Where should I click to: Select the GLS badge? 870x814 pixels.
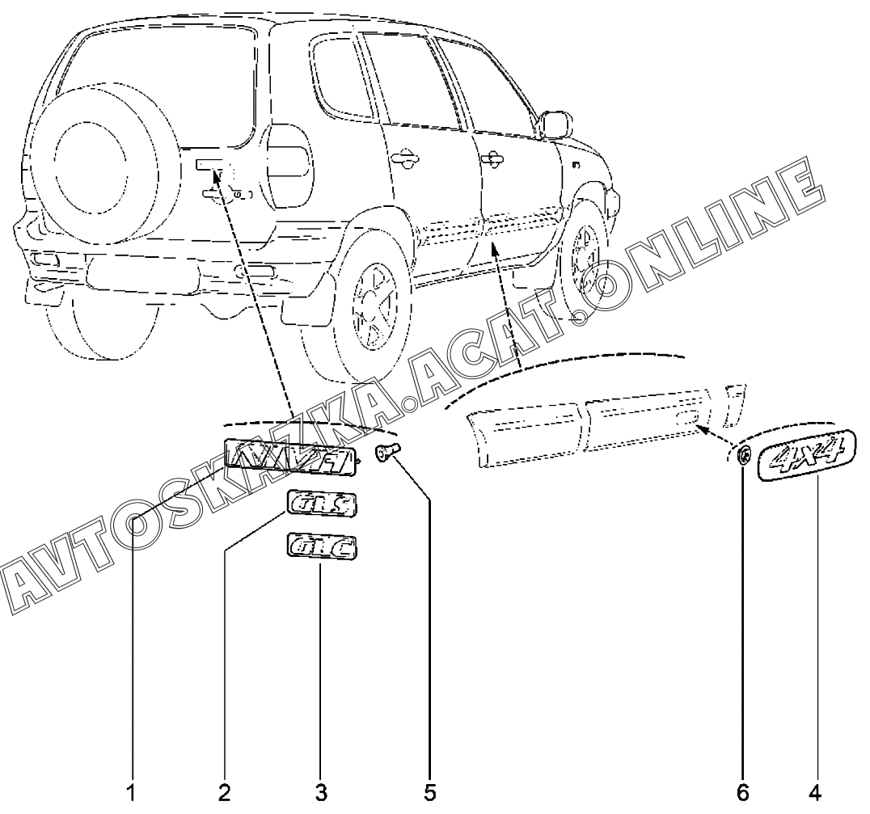[x=321, y=505]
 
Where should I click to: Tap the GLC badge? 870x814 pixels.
[x=322, y=547]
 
